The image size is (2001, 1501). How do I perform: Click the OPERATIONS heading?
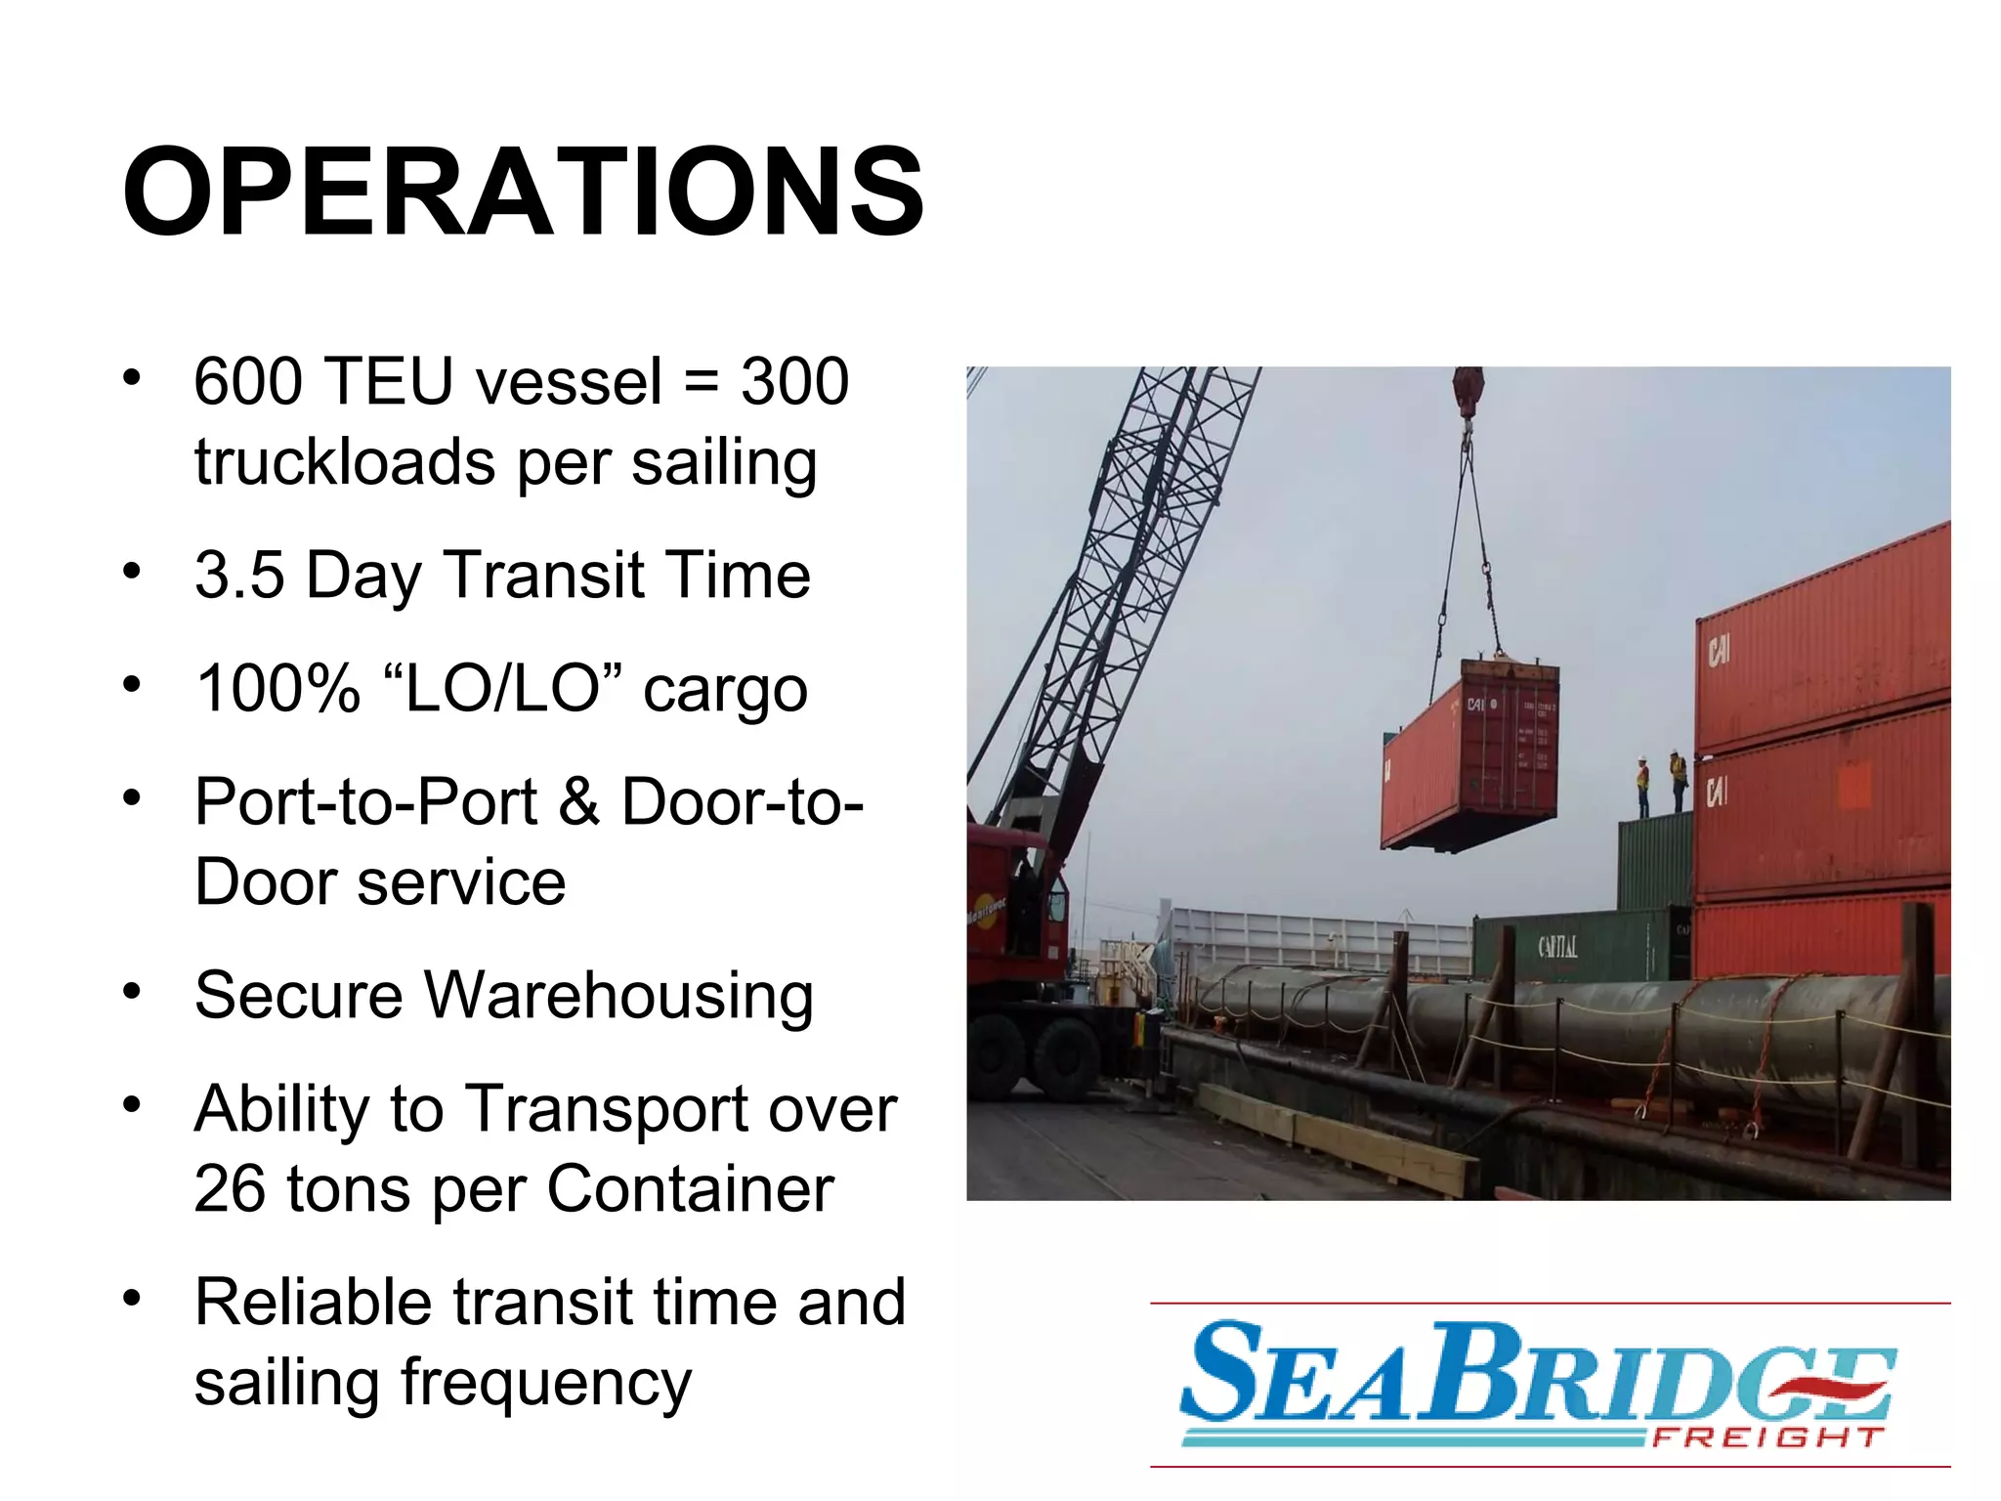[x=523, y=192]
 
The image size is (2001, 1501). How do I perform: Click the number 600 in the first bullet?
[x=248, y=381]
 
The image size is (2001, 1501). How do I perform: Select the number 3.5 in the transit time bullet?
[x=239, y=576]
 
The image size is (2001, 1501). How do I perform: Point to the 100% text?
[x=278, y=689]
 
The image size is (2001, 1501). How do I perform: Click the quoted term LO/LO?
[x=502, y=687]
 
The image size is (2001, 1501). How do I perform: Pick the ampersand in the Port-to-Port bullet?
[x=578, y=801]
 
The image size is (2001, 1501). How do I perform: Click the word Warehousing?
[x=618, y=996]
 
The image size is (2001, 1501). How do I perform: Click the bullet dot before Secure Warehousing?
[x=132, y=992]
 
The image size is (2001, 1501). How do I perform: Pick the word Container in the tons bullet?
[x=690, y=1189]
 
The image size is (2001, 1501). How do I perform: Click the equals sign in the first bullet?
[x=701, y=381]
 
